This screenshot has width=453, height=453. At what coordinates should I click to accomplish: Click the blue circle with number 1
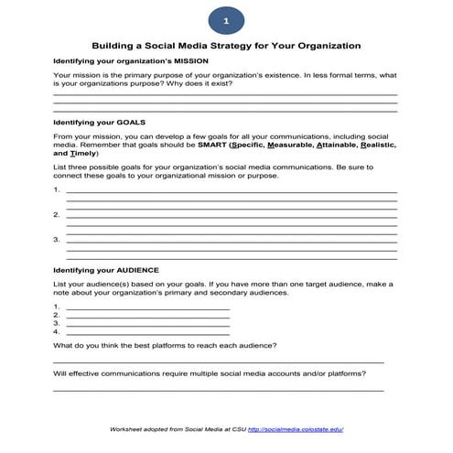pyautogui.click(x=226, y=19)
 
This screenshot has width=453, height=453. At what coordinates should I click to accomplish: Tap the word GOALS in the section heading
pyautogui.click(x=126, y=122)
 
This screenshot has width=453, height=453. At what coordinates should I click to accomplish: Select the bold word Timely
pyautogui.click(x=83, y=154)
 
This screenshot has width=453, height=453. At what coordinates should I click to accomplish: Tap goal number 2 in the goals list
pyautogui.click(x=57, y=215)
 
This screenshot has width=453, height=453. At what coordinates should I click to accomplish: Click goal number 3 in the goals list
pyautogui.click(x=57, y=240)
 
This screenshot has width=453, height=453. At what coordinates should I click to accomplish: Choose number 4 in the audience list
pyautogui.click(x=57, y=330)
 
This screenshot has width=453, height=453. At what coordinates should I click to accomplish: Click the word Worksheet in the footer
pyautogui.click(x=128, y=428)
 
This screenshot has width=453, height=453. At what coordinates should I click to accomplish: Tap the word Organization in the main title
pyautogui.click(x=324, y=45)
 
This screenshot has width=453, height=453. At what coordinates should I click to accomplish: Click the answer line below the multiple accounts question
pyautogui.click(x=218, y=391)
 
